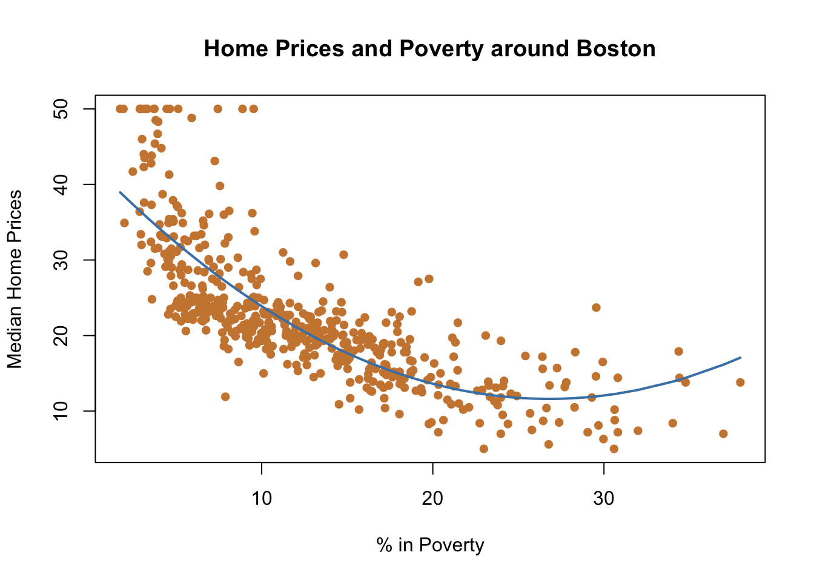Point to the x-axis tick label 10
(x=262, y=499)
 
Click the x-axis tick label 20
(x=432, y=499)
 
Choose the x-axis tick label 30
(x=603, y=499)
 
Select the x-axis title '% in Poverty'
(x=430, y=545)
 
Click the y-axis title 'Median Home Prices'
(x=15, y=279)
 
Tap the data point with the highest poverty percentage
(x=740, y=382)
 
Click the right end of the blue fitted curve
(x=740, y=358)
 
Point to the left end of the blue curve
(x=120, y=192)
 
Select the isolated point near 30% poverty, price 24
(x=596, y=307)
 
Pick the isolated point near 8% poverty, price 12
(x=225, y=396)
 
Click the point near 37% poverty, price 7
(x=723, y=433)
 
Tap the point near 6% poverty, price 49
(x=191, y=118)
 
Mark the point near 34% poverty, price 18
(x=678, y=351)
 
